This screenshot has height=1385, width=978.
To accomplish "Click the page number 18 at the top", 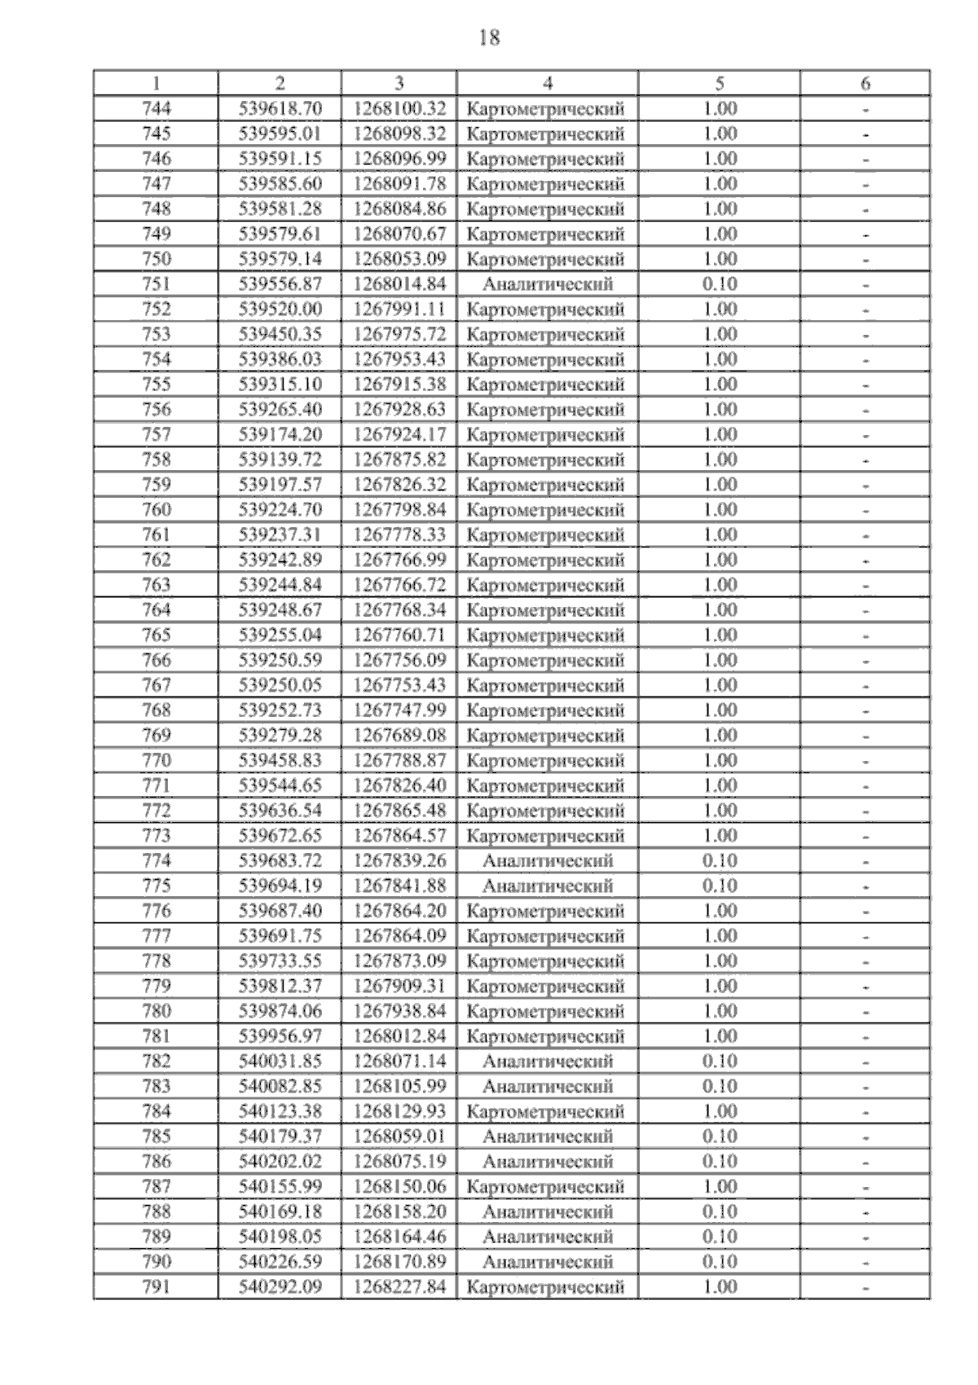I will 490,37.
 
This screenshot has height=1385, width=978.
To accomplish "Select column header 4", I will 548,83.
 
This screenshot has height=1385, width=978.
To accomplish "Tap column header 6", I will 866,83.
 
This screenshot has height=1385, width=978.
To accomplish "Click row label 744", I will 156,108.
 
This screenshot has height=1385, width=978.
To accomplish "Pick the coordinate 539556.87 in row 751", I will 280,284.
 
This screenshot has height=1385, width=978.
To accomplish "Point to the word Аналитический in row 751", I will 548,284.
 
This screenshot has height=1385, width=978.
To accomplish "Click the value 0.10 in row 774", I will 720,860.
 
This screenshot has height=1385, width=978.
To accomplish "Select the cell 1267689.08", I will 399,735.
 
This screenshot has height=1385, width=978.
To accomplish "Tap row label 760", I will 156,509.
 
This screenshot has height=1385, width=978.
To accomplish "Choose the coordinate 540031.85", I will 280,1061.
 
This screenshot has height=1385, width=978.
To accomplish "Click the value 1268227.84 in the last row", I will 399,1286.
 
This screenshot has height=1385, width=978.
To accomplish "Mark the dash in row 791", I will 866,1287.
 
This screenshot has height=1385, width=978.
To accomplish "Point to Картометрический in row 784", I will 548,1111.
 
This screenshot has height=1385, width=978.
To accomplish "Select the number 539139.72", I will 280,459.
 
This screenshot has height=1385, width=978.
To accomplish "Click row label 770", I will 156,760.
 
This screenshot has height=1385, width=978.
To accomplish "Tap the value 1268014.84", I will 399,284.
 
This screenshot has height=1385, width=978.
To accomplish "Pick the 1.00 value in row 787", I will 720,1186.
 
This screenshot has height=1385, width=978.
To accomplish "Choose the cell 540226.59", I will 280,1261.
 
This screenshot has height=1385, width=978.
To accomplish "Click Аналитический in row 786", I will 548,1161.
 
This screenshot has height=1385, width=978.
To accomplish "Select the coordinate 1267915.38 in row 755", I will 399,384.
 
